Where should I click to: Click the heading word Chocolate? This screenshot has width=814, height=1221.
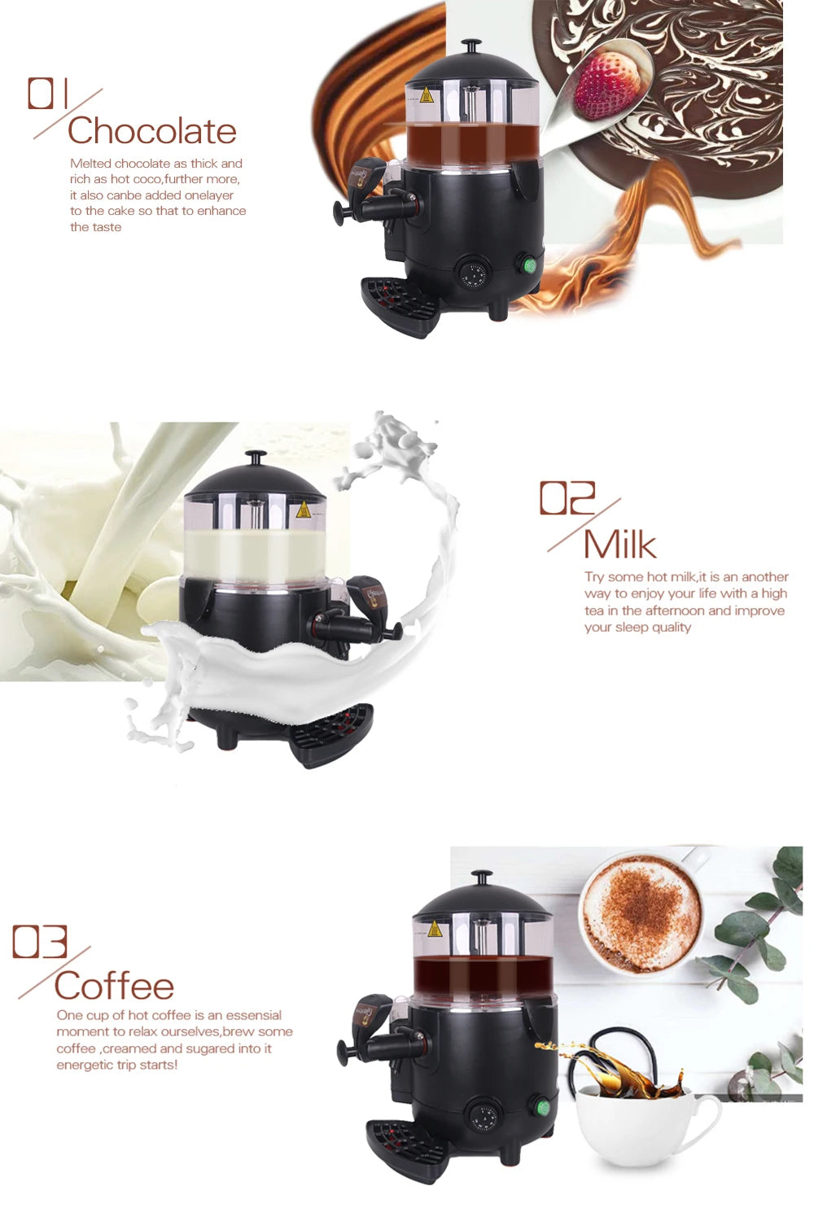coord(152,131)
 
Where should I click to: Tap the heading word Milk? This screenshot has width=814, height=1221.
coord(619,545)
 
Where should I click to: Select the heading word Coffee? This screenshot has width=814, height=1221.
coord(114,986)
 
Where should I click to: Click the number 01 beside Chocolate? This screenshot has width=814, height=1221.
coord(50,94)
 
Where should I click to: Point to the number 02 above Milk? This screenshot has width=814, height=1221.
coord(567,498)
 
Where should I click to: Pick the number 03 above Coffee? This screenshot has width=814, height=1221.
coord(40,942)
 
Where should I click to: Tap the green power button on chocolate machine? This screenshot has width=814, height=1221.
coord(529,265)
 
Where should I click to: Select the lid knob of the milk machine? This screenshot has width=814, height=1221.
coord(256,458)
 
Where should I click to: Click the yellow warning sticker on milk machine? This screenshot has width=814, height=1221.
coord(304,510)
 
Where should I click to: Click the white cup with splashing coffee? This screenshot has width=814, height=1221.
coord(643,1123)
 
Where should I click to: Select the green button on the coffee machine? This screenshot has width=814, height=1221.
coord(541,1106)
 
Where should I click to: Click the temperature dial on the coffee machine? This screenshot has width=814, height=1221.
coord(484,1115)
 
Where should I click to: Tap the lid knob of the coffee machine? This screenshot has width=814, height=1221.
coord(482,878)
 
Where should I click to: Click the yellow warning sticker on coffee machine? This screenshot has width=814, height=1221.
coord(435,928)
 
